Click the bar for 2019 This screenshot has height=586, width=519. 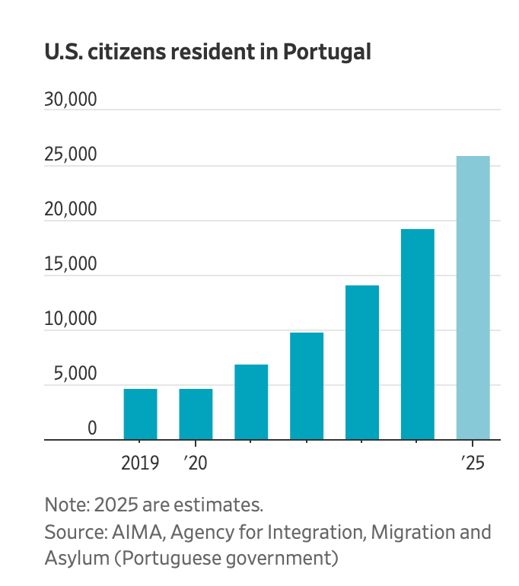pyautogui.click(x=140, y=415)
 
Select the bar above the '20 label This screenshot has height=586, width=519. pyautogui.click(x=196, y=415)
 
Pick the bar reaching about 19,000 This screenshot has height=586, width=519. pyautogui.click(x=417, y=335)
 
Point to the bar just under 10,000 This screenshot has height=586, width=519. pyautogui.click(x=307, y=387)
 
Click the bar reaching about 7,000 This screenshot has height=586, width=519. pyautogui.click(x=251, y=403)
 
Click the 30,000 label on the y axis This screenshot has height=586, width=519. pyautogui.click(x=71, y=100)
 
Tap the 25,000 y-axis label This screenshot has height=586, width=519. pyautogui.click(x=71, y=154)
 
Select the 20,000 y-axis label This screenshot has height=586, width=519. pyautogui.click(x=71, y=209)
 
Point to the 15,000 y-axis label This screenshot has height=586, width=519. pyautogui.click(x=71, y=264)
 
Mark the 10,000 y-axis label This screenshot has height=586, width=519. pyautogui.click(x=71, y=319)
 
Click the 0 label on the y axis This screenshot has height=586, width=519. pyautogui.click(x=92, y=428)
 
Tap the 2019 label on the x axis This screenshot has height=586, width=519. pyautogui.click(x=140, y=463)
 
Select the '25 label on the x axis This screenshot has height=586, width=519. pyautogui.click(x=473, y=463)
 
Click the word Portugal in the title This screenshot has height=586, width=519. pyautogui.click(x=327, y=53)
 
